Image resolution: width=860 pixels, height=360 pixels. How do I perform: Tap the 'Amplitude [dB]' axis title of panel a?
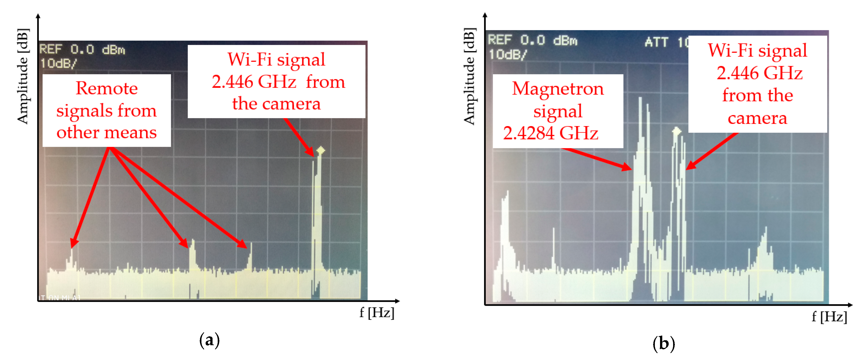[23, 76]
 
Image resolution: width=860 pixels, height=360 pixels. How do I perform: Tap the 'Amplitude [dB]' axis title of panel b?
[469, 76]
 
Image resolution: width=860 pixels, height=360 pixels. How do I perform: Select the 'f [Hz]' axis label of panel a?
[376, 313]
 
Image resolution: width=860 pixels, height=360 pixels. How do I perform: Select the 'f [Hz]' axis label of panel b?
[829, 316]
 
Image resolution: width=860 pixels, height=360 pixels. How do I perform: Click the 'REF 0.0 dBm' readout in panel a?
[82, 50]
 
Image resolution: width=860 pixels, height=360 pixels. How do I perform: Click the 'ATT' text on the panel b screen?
[656, 42]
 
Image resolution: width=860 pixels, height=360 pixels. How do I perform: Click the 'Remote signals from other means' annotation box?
[107, 110]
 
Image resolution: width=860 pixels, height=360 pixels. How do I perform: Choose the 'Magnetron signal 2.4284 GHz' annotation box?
[557, 111]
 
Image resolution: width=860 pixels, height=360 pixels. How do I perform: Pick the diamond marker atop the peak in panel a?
[321, 150]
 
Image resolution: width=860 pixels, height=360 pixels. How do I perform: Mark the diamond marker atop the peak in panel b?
[676, 131]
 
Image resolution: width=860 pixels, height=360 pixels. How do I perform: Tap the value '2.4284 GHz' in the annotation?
[551, 133]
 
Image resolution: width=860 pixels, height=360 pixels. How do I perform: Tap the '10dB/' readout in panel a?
[58, 63]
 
